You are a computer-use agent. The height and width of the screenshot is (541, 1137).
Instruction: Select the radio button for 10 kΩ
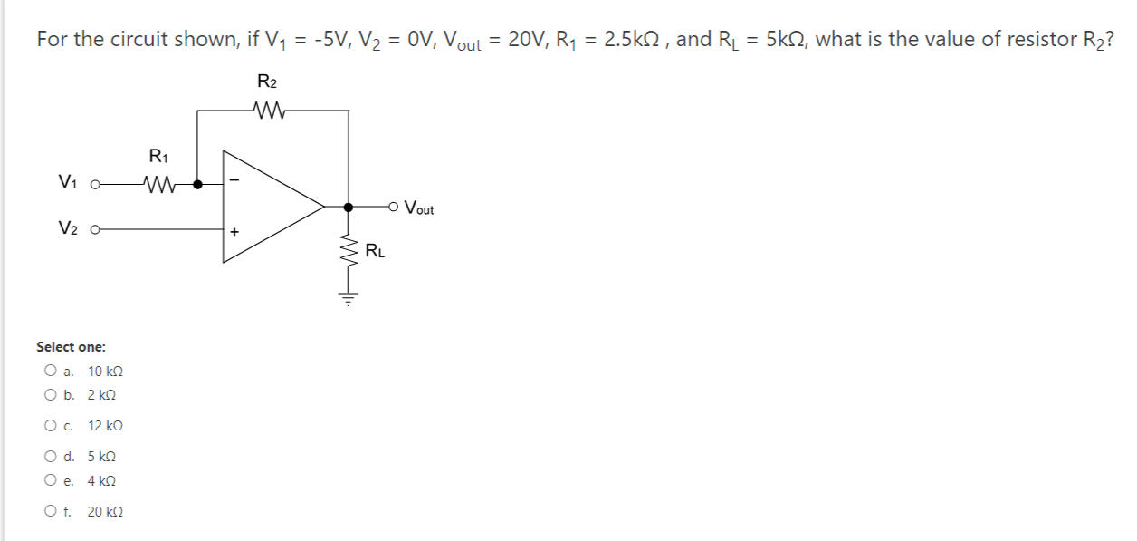[x=49, y=371]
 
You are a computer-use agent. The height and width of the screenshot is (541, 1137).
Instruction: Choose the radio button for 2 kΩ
[x=49, y=395]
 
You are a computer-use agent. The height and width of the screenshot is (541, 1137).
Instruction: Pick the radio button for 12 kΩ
[x=49, y=425]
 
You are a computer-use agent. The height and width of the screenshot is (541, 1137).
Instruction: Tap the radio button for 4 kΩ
[x=49, y=481]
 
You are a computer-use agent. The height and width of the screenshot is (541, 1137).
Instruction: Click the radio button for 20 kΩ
[x=49, y=511]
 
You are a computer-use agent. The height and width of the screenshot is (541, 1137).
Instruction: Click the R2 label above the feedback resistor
[x=267, y=82]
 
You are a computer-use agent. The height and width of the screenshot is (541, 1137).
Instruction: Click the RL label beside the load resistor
[x=375, y=251]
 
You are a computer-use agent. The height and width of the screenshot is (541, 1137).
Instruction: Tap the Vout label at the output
[x=418, y=208]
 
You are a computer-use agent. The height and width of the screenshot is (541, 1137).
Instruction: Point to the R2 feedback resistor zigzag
[x=272, y=111]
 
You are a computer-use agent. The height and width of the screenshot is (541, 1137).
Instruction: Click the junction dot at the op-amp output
[x=348, y=208]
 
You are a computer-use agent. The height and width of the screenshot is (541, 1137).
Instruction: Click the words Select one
[x=71, y=347]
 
